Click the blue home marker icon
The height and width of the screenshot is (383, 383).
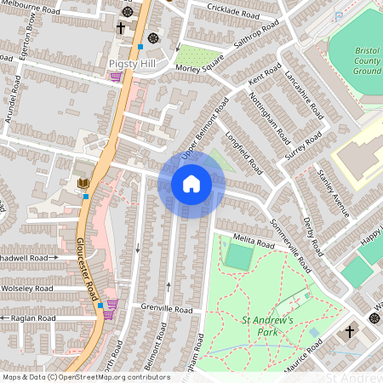pyautogui.click(x=191, y=183)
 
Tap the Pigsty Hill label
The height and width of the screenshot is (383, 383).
pyautogui.click(x=131, y=63)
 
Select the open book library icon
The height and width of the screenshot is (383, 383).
pyautogui.click(x=83, y=183)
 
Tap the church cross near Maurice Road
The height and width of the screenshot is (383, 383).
pyautogui.click(x=349, y=331)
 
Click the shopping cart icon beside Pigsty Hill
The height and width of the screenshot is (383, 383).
pyautogui.click(x=115, y=77)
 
